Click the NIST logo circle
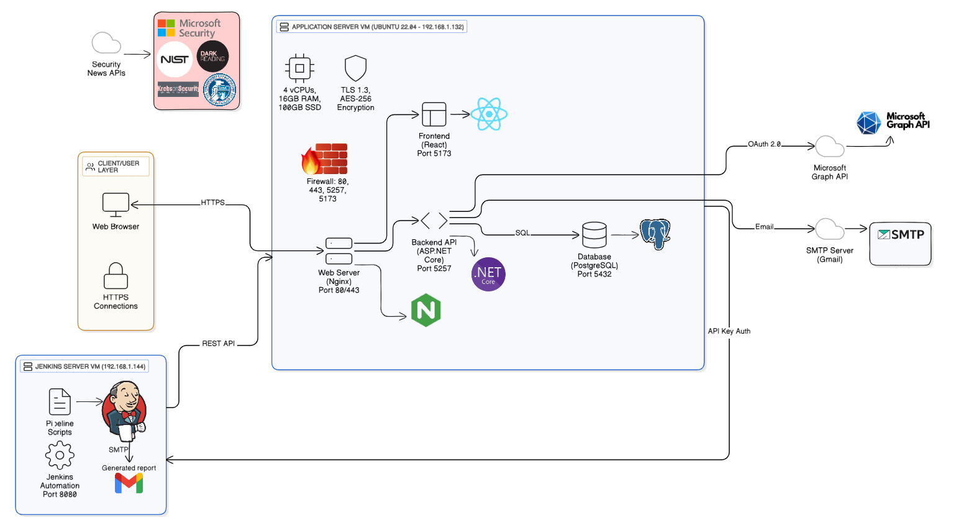(x=175, y=60)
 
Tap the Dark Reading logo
(x=212, y=57)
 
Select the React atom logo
(x=489, y=114)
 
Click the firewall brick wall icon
(x=325, y=159)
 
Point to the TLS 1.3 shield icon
(x=355, y=68)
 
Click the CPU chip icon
(x=299, y=68)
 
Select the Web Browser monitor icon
(x=116, y=204)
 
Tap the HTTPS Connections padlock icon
(x=116, y=276)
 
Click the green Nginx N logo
(x=426, y=310)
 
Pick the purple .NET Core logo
(x=488, y=275)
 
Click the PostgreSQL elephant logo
(x=655, y=234)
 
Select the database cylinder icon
(x=594, y=235)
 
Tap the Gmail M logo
(x=129, y=483)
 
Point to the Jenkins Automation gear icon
(x=60, y=455)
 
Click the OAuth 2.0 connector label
(x=764, y=144)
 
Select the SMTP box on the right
(x=900, y=244)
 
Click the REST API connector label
(x=218, y=344)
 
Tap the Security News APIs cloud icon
(x=106, y=43)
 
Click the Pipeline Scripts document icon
(x=60, y=402)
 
